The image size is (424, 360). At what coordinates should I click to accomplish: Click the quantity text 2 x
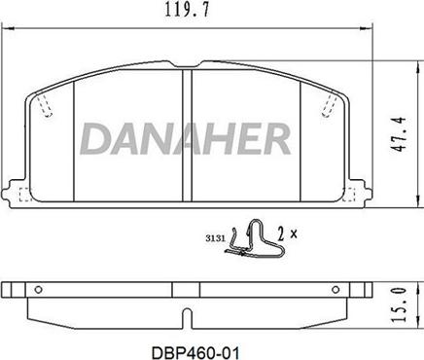[x=285, y=234]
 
